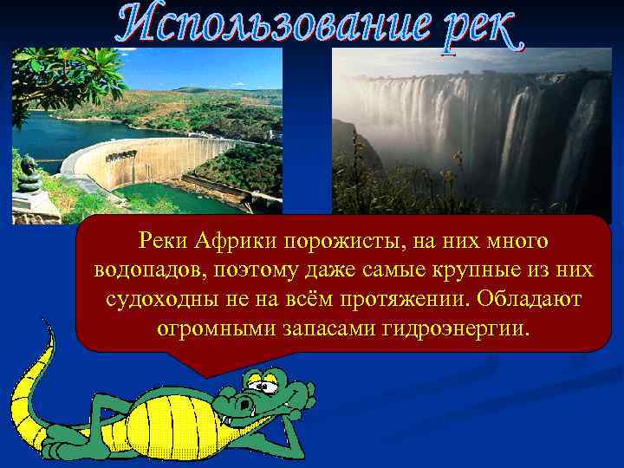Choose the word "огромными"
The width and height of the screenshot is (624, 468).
(216, 330)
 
